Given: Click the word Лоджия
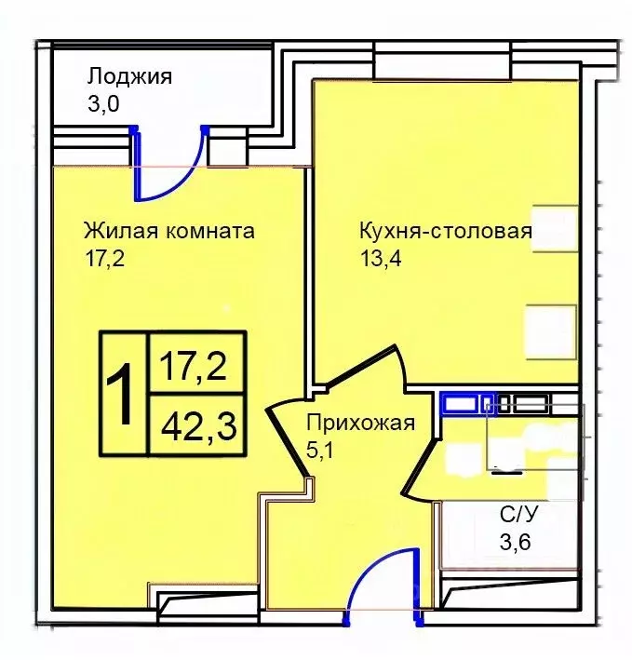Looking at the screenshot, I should click(130, 76).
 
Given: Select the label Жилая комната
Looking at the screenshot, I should click(168, 231).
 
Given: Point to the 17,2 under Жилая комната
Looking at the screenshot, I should click(103, 258).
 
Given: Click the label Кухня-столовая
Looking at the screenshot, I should click(445, 231).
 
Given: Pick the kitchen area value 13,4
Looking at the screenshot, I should click(380, 258).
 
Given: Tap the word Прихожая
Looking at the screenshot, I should click(359, 424).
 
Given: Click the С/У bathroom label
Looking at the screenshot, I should click(518, 513).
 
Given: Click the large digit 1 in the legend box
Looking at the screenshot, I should click(122, 393).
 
